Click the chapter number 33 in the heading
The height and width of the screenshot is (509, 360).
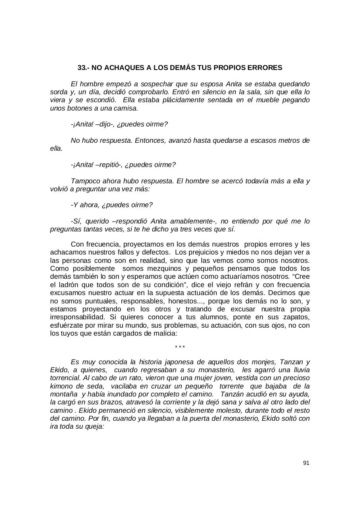point(82,68)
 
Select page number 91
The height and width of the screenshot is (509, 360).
point(306,463)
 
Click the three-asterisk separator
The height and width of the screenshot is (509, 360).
point(180,348)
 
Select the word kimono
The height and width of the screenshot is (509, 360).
point(60,386)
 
